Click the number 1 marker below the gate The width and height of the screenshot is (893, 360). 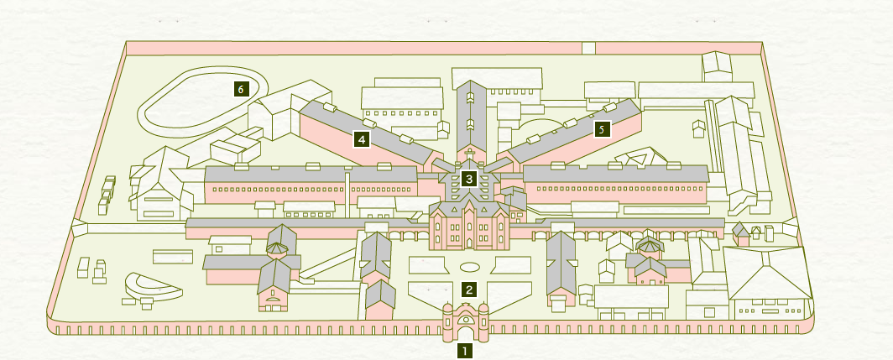pos(464,351)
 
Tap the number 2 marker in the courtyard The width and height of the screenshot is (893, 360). pos(469,290)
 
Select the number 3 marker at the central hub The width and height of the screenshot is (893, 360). pos(468,178)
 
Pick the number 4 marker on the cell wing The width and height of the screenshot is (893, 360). pos(362,139)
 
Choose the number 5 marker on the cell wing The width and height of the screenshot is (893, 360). pos(600,129)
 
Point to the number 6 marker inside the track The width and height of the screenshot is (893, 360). pos(241,87)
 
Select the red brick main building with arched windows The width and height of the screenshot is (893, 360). pos(469,227)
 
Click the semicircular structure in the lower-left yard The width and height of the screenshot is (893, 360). pos(151,286)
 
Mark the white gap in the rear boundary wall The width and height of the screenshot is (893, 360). pos(588,48)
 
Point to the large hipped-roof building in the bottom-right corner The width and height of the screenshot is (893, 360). pos(768,281)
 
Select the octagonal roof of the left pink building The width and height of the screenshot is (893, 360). pos(276,248)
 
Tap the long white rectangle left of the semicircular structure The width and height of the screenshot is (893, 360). pos(172,256)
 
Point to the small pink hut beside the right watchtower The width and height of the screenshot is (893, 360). pos(741,234)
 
